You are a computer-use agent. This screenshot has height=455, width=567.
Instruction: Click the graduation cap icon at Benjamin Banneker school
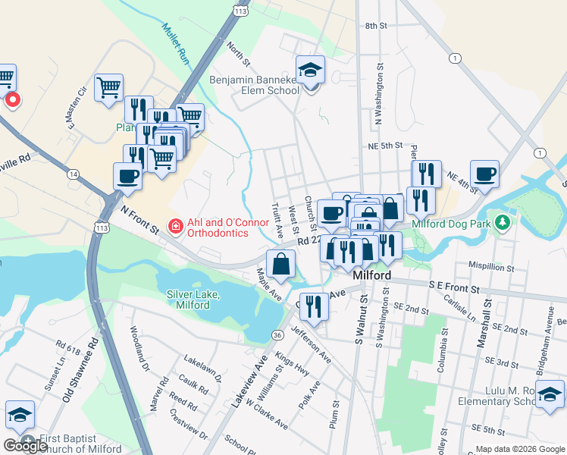[x=310, y=71]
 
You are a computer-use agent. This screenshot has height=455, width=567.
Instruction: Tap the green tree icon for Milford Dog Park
[x=501, y=222]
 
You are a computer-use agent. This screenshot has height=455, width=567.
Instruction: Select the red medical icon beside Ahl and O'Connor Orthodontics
[x=175, y=225]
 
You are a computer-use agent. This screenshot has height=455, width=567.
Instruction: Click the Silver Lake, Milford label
[x=193, y=300]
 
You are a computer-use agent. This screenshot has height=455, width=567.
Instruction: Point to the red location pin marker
[x=13, y=100]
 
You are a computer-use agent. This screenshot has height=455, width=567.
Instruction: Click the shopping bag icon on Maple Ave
[x=280, y=264]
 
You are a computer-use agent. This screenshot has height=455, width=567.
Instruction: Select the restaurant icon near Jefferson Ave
[x=315, y=306]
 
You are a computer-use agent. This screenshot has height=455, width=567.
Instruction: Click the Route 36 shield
[x=278, y=334]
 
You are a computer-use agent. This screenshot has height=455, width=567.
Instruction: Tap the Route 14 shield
[x=73, y=174]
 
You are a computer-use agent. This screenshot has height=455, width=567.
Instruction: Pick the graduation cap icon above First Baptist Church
[x=20, y=415]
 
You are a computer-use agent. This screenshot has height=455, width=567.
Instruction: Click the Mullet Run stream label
[x=175, y=42]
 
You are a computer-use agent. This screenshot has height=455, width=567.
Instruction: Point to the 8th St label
[x=376, y=26]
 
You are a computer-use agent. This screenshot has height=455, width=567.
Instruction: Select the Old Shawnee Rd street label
[x=80, y=371]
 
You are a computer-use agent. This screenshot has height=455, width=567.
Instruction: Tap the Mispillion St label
[x=491, y=268]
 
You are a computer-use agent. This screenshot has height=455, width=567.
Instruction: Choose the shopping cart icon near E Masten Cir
[x=109, y=87]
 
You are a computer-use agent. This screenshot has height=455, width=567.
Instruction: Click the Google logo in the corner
[x=26, y=445]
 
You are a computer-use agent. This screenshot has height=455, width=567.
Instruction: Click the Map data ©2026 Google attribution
[x=519, y=449]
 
